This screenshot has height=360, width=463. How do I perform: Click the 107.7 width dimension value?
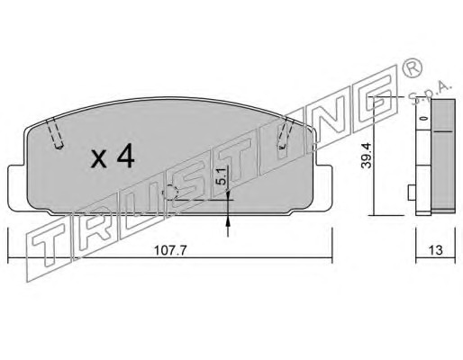point(170,249)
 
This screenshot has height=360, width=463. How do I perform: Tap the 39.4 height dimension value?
point(367,156)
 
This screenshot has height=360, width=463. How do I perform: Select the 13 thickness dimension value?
point(436,249)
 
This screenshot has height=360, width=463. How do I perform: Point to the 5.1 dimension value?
point(221,176)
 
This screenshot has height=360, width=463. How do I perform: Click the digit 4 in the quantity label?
point(126,155)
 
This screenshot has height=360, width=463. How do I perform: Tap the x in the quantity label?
point(99,159)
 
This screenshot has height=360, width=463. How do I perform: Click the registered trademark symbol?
point(412,68)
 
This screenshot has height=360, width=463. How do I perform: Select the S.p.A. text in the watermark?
point(430,94)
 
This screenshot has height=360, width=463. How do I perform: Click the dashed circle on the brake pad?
point(170,193)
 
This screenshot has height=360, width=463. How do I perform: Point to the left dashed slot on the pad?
point(54,132)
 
